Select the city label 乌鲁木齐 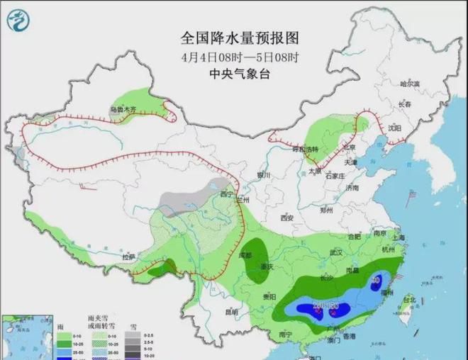122,110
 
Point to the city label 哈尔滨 409,84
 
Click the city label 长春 405,104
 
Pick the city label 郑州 326,210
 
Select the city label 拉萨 128,257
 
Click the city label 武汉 336,252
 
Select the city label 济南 352,188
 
